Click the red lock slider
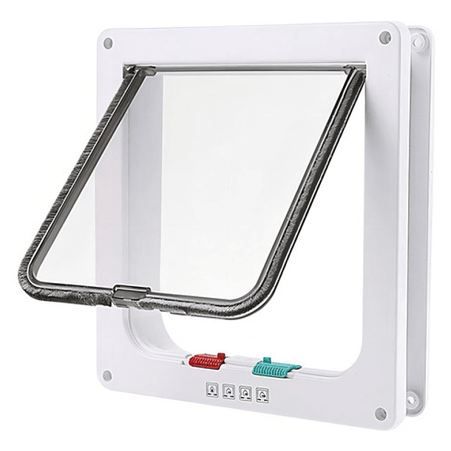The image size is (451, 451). (207, 362)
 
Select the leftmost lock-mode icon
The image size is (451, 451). (212, 387)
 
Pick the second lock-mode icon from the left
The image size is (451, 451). (228, 390)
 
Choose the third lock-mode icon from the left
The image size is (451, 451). (245, 392)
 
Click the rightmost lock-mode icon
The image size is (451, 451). (260, 394)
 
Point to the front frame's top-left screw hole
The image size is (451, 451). (108, 44)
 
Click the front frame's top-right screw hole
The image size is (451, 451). (384, 37)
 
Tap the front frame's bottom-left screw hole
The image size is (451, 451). (108, 375)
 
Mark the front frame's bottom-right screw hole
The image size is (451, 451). (380, 413)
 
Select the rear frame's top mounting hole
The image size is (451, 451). (418, 42)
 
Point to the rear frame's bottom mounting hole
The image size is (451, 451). (410, 400)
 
